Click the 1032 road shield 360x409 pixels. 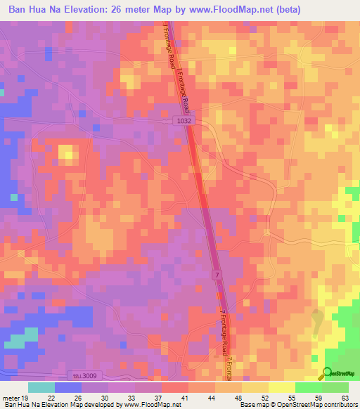(183, 121)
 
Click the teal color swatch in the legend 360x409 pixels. (41, 387)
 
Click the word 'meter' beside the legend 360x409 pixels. (9, 398)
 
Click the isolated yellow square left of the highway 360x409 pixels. (67, 153)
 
